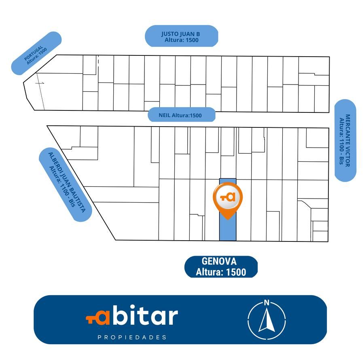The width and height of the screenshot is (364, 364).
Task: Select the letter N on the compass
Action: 267,303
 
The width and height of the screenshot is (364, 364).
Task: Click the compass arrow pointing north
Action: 267,320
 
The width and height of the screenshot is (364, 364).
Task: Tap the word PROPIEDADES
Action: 132,337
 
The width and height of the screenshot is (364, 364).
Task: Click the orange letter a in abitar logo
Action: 102,317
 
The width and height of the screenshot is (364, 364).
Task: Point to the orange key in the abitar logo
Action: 91,319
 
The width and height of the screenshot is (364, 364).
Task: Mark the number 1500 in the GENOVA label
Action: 236,272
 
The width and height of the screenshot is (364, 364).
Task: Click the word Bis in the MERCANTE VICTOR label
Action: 341,161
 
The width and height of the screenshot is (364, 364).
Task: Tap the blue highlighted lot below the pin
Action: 228,229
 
